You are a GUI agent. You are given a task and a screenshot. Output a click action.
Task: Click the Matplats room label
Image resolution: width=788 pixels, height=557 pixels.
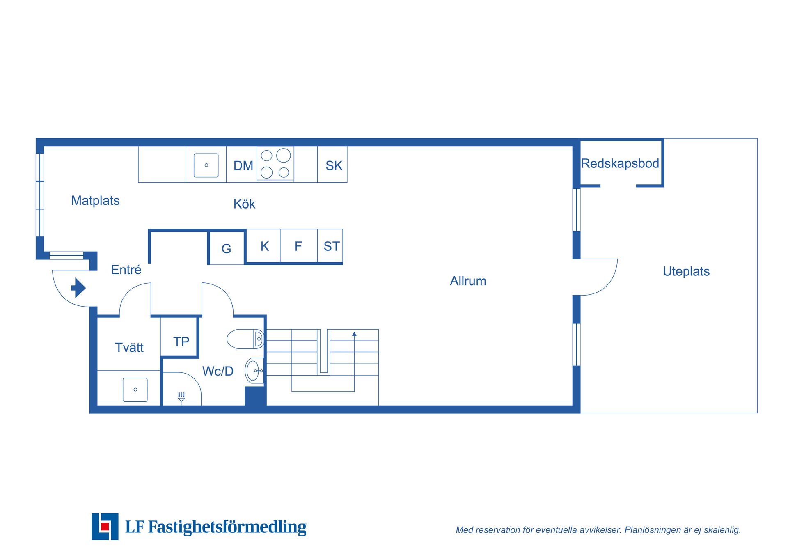pyautogui.click(x=95, y=201)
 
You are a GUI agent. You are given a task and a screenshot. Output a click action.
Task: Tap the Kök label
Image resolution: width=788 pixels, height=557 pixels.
pyautogui.click(x=244, y=204)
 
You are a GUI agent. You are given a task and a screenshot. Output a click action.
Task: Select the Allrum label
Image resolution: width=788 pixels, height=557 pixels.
pyautogui.click(x=468, y=281)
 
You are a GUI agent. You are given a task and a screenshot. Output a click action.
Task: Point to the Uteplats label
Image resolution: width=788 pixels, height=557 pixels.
pyautogui.click(x=686, y=271)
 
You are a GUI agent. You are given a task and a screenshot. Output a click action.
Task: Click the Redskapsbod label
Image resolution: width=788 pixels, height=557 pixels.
pyautogui.click(x=620, y=163)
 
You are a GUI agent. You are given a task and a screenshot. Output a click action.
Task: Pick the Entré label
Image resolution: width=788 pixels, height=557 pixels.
pyautogui.click(x=126, y=270)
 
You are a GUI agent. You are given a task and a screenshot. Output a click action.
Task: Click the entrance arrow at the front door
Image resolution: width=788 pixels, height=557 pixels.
pyautogui.click(x=78, y=288)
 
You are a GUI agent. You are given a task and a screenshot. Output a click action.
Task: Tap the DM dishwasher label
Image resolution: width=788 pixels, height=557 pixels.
pyautogui.click(x=243, y=166)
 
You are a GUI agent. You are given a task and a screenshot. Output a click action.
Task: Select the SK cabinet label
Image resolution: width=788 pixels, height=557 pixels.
pyautogui.click(x=334, y=166)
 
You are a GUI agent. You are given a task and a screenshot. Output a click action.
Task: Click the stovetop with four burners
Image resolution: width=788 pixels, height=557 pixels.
pyautogui.click(x=275, y=164)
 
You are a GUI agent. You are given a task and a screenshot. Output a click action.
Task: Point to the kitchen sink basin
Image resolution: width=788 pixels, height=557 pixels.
pyautogui.click(x=206, y=165)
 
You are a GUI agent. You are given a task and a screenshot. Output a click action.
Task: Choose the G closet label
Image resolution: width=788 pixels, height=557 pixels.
pyautogui.click(x=226, y=249)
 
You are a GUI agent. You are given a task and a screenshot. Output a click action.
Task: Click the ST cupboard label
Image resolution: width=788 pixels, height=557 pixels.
pyautogui.click(x=332, y=246)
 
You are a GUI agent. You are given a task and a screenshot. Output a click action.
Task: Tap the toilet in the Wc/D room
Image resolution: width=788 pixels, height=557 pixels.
pyautogui.click(x=245, y=339)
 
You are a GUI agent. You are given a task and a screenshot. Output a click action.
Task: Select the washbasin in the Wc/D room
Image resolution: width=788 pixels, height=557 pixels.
pyautogui.click(x=254, y=371)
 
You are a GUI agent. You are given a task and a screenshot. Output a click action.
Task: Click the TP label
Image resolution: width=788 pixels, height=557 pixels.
pyautogui.click(x=181, y=342)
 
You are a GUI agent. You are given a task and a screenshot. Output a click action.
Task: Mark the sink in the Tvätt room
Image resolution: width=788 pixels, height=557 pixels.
pyautogui.click(x=135, y=390)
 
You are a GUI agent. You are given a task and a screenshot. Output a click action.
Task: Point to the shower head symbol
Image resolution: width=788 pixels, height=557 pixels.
pyautogui.click(x=181, y=398)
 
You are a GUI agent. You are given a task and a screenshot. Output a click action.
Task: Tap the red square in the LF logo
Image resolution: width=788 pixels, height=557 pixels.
pyautogui.click(x=105, y=526)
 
